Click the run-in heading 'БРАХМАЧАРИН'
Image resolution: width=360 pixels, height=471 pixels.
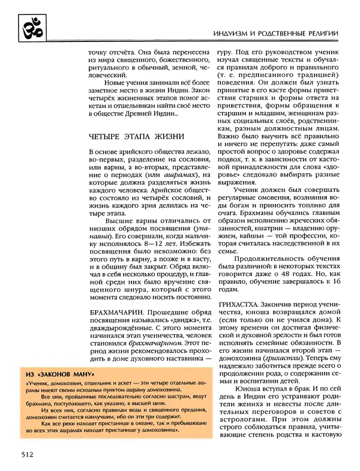(x=116, y=313)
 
